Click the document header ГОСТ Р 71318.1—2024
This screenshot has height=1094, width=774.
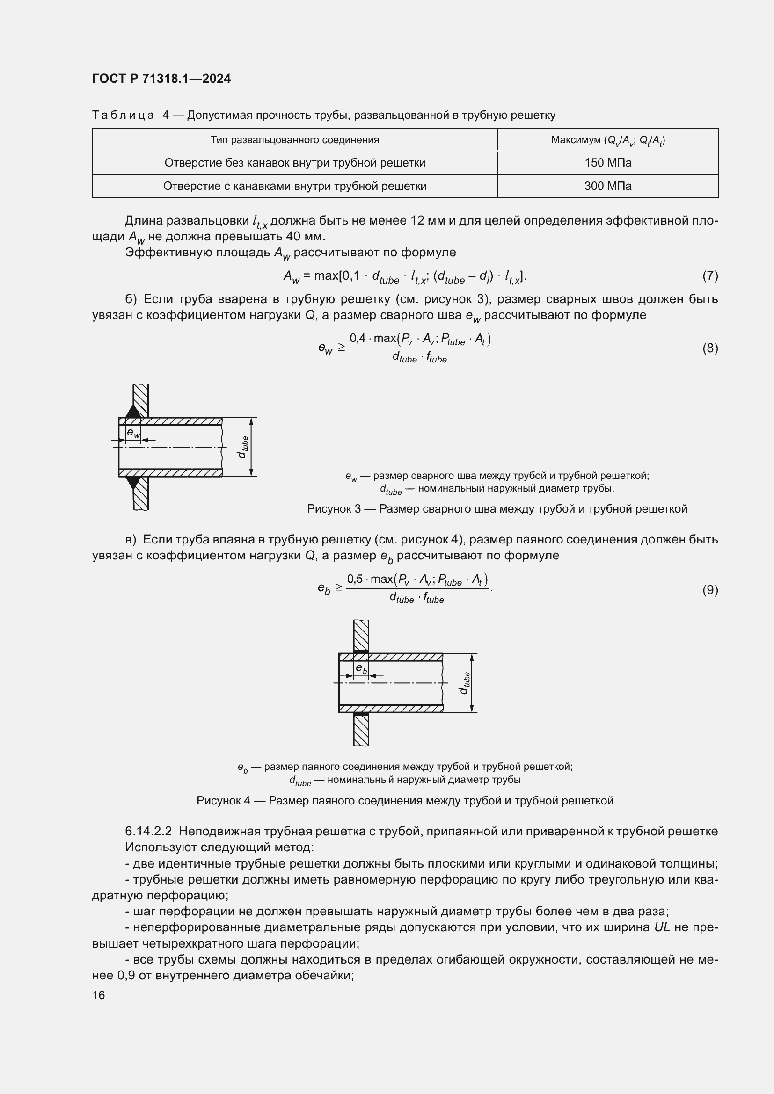(161, 79)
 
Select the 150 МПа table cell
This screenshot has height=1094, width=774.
(608, 163)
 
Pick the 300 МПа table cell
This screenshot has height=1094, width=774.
(608, 186)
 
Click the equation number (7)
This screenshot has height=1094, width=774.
(710, 275)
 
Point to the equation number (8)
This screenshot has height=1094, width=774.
(710, 348)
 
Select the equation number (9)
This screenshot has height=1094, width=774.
(710, 590)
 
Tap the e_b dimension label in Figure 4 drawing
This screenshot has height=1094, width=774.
(362, 669)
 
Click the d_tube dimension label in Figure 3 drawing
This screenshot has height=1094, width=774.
(243, 447)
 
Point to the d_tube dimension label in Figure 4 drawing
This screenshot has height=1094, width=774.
(465, 683)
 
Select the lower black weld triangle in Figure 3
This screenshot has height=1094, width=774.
(134, 482)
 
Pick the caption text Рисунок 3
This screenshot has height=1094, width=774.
(334, 509)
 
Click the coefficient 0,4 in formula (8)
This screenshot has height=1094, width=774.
(358, 338)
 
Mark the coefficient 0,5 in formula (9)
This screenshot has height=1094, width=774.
(355, 579)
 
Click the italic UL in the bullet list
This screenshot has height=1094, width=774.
(662, 927)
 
